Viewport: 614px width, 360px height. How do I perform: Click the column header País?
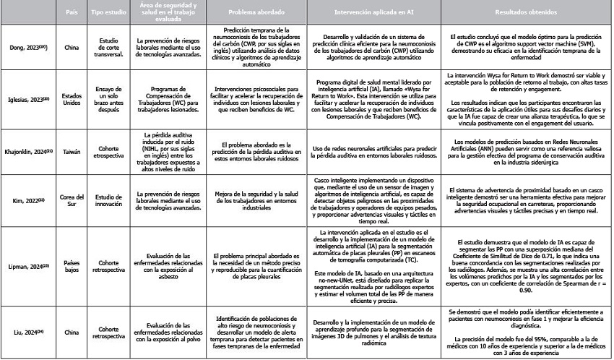tap(71, 12)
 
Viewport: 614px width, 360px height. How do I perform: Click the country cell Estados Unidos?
tap(71, 98)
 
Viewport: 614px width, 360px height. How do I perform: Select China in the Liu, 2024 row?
tap(71, 332)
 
